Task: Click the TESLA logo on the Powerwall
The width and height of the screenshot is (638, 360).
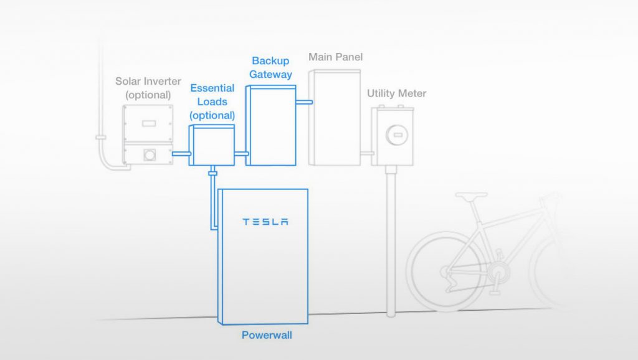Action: click(x=265, y=222)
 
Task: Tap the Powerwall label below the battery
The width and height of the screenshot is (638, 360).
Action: click(x=267, y=335)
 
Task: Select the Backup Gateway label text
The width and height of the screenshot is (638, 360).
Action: click(x=270, y=67)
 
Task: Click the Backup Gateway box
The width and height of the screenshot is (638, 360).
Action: click(x=270, y=125)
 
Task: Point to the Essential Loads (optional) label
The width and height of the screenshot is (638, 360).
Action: click(x=212, y=102)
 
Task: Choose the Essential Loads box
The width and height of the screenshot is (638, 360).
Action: click(x=212, y=145)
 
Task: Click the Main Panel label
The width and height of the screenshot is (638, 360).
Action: click(x=335, y=57)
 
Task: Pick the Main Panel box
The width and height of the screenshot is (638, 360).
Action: click(x=335, y=118)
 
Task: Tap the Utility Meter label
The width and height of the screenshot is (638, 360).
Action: click(x=397, y=93)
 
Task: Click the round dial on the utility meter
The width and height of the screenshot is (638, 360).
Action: click(x=397, y=135)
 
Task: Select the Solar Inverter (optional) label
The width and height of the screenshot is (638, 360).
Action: click(x=148, y=88)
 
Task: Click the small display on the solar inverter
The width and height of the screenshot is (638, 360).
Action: click(x=149, y=123)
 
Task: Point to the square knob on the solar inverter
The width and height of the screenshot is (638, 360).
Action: click(x=150, y=154)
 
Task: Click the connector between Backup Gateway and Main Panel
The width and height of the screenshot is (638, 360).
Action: click(x=304, y=102)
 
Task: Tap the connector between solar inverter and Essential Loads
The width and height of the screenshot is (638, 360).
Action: click(x=181, y=154)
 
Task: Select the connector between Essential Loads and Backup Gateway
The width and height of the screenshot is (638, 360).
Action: click(x=241, y=154)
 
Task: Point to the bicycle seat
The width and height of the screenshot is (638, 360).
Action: click(x=471, y=196)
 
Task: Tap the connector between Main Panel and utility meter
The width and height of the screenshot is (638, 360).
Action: click(x=367, y=153)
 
